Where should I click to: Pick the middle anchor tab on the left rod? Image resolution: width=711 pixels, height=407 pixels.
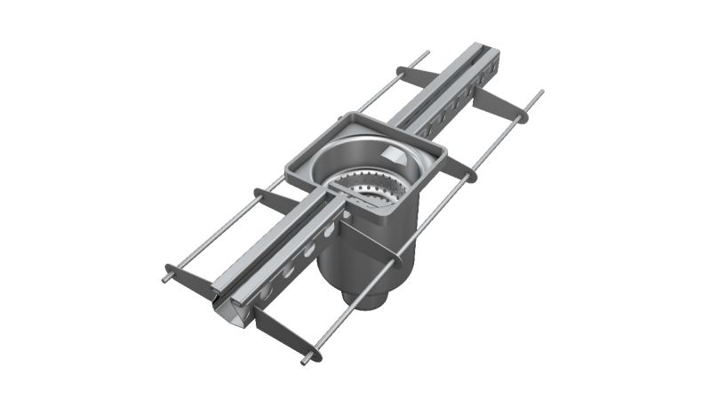pos(267,196)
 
